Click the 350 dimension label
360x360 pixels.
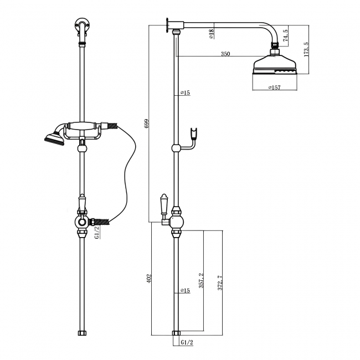coord(225,54)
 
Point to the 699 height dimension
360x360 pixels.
coord(146,124)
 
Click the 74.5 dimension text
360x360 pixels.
coord(285,36)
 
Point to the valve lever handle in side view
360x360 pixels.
coord(164,204)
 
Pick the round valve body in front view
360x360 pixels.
coord(83,223)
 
